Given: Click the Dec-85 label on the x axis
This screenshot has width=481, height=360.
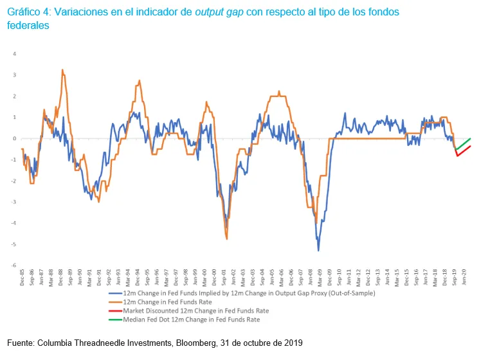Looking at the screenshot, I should click(x=23, y=277).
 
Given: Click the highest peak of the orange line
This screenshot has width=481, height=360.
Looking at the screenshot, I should click(x=62, y=70).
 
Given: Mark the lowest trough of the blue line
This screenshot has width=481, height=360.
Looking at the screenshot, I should click(x=318, y=249).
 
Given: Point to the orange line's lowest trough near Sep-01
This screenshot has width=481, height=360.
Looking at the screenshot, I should click(x=227, y=239).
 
